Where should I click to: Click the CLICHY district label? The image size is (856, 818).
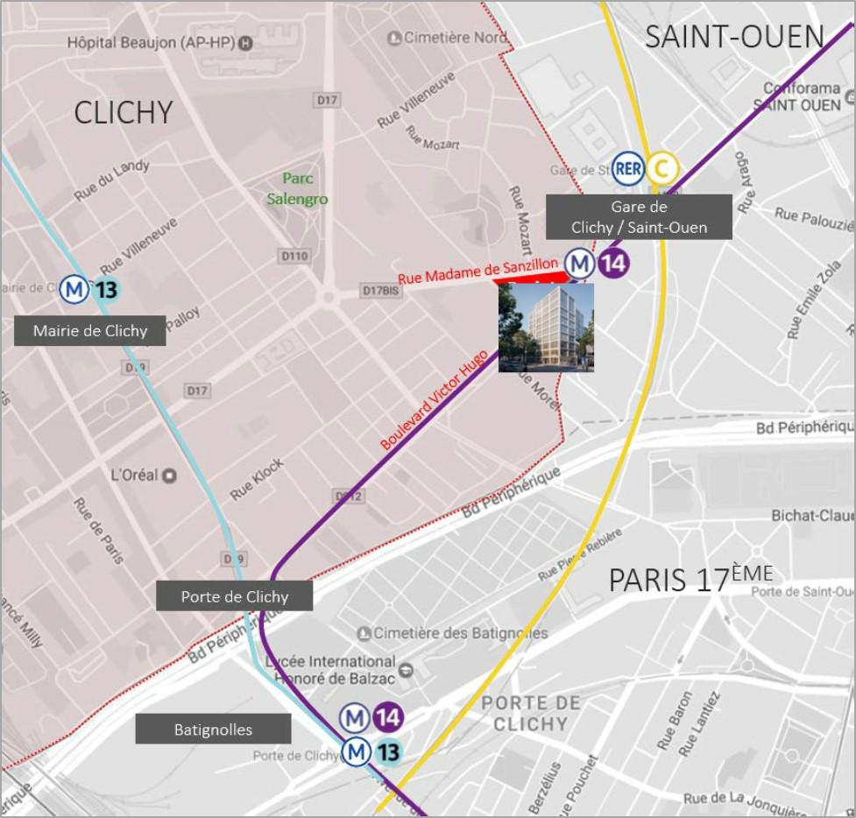pyautogui.click(x=124, y=112)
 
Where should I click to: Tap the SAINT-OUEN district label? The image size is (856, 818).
pyautogui.click(x=734, y=37)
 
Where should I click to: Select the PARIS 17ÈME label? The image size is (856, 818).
pyautogui.click(x=691, y=578)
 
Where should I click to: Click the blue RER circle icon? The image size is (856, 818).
pyautogui.click(x=628, y=167)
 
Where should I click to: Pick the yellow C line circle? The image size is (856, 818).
pyautogui.click(x=662, y=167)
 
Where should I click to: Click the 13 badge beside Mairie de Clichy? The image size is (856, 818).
pyautogui.click(x=107, y=289)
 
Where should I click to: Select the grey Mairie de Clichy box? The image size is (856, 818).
pyautogui.click(x=90, y=331)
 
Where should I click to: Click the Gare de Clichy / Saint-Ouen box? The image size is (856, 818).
pyautogui.click(x=639, y=216)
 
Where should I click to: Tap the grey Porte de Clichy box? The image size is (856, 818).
pyautogui.click(x=234, y=596)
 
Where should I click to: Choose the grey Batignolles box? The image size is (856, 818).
pyautogui.click(x=213, y=729)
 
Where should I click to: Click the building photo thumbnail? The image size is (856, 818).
pyautogui.click(x=546, y=328)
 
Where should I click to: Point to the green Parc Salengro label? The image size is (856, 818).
pyautogui.click(x=298, y=188)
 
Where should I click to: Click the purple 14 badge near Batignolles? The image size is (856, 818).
pyautogui.click(x=388, y=717)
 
